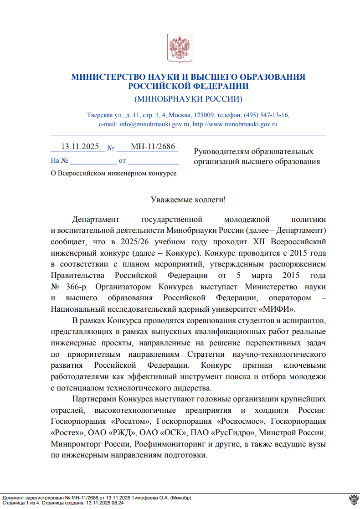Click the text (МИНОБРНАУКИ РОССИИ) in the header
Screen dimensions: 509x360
pyautogui.click(x=188, y=99)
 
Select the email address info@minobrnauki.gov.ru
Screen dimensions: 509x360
pyautogui.click(x=154, y=124)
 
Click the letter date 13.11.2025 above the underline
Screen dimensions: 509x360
pyautogui.click(x=80, y=146)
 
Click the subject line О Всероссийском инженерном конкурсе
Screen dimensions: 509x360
pyautogui.click(x=113, y=173)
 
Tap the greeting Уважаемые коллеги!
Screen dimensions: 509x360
pyautogui.click(x=188, y=200)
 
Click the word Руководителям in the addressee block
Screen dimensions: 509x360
pyautogui.click(x=222, y=151)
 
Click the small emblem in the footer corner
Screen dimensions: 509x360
pyautogui.click(x=352, y=499)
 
